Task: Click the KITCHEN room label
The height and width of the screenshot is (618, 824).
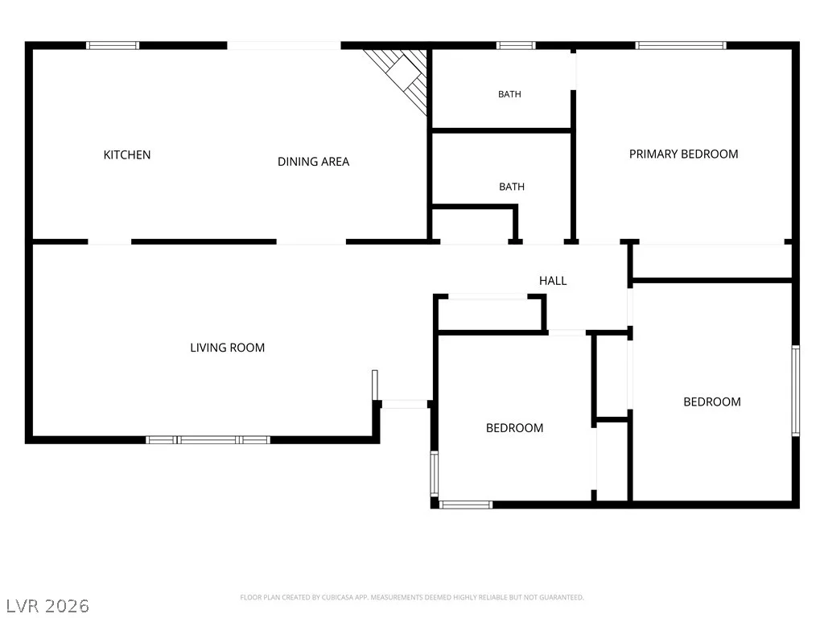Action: (126, 154)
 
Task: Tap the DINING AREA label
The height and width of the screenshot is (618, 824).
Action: (313, 161)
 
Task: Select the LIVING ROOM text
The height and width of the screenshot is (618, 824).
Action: (227, 348)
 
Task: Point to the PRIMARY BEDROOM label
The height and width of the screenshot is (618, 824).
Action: (684, 154)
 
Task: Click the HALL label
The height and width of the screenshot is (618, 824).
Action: (553, 281)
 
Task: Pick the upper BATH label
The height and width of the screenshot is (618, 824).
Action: (509, 94)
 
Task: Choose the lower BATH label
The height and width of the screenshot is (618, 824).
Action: (512, 187)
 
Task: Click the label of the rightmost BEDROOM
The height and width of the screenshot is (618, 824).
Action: (712, 402)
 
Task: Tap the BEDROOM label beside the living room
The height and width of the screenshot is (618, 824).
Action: (514, 428)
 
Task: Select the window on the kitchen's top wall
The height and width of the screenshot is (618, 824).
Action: (113, 45)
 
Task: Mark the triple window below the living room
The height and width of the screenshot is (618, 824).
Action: (208, 440)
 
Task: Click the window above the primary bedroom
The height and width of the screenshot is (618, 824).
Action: (681, 45)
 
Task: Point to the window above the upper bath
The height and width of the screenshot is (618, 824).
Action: (516, 45)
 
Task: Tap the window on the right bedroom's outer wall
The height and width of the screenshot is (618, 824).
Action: (796, 390)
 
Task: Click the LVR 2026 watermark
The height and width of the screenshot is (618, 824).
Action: (47, 606)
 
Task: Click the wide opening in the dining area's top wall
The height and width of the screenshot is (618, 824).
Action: (284, 45)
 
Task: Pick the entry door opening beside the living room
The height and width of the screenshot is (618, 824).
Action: (404, 404)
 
